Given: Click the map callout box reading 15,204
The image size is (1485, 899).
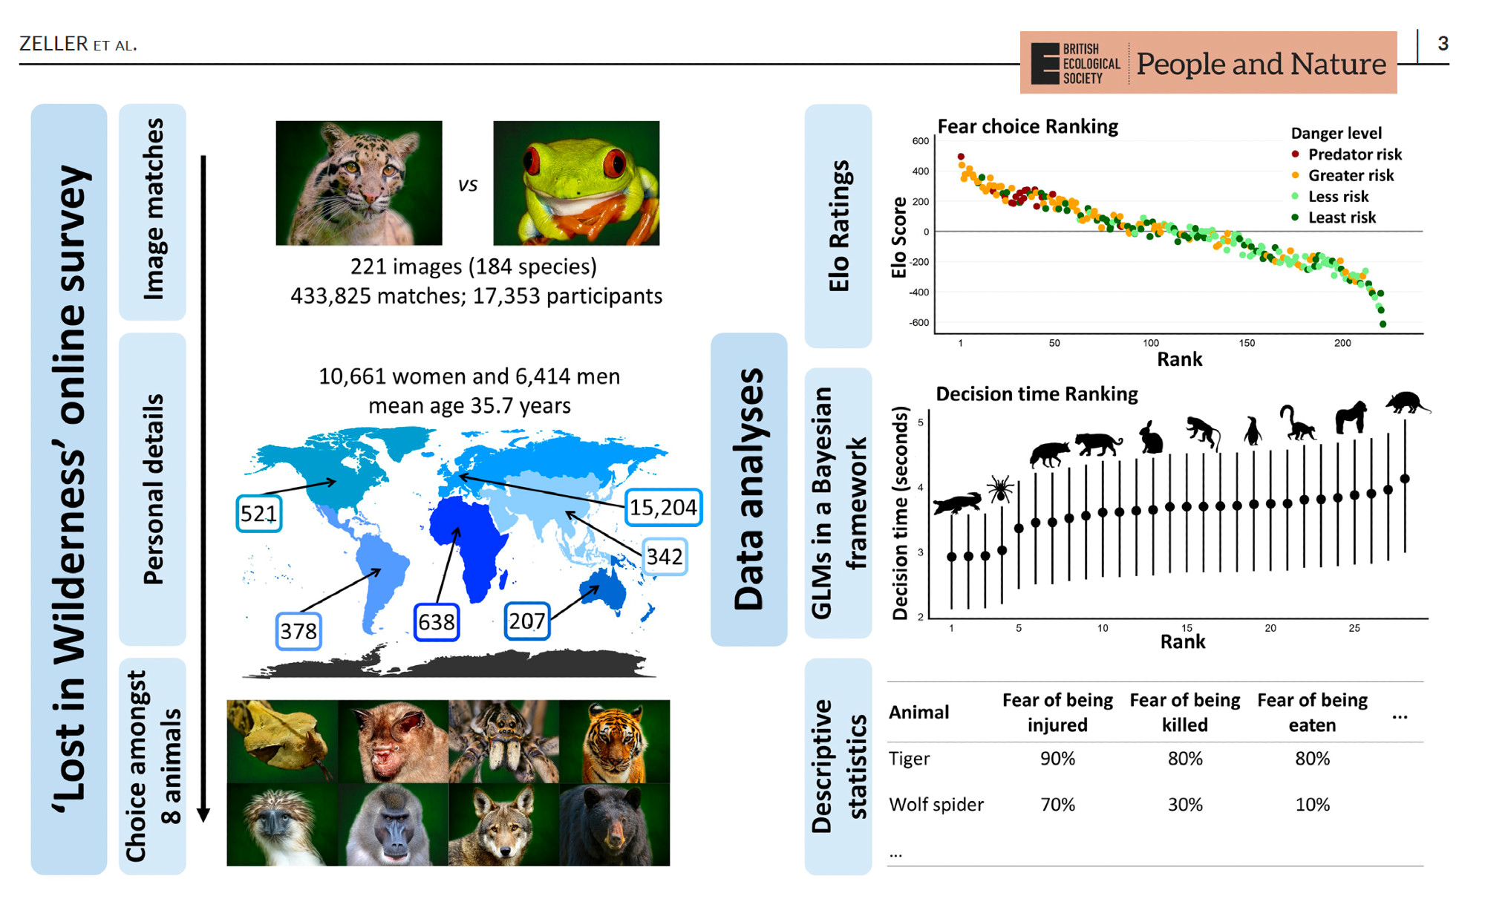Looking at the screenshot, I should coord(663,507).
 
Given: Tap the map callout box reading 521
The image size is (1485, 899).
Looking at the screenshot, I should coord(258,513).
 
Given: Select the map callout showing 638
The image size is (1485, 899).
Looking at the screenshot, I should coord(437,621).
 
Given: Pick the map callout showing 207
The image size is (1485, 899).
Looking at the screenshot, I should coord(527,621).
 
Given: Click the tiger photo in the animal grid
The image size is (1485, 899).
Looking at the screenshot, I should coord(614,741).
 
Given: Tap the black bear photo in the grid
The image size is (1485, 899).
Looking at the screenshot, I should coord(614,824).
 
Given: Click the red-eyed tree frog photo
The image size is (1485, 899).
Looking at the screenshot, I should coord(576,183).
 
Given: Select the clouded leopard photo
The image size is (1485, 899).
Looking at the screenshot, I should coord(359,183).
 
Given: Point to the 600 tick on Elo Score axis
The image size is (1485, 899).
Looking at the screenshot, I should coord(920,141).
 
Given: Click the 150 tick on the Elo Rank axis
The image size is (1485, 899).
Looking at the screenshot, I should coord(1247,343).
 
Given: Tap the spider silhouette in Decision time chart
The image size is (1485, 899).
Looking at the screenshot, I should coord(1000,488).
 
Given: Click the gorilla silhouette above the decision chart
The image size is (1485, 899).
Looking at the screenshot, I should coord(1351,417).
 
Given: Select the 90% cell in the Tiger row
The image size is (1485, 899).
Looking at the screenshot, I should coord(1057,759).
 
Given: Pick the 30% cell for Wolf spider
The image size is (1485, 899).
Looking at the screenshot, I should coord(1184,805).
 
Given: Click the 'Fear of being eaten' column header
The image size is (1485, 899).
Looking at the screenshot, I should coord(1312,712).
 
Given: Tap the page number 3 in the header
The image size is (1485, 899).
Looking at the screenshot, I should coord(1443,44).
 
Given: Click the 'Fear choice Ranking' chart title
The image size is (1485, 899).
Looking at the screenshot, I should coord(1028,127).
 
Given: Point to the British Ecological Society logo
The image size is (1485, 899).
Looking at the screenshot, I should coord(1075,64).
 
